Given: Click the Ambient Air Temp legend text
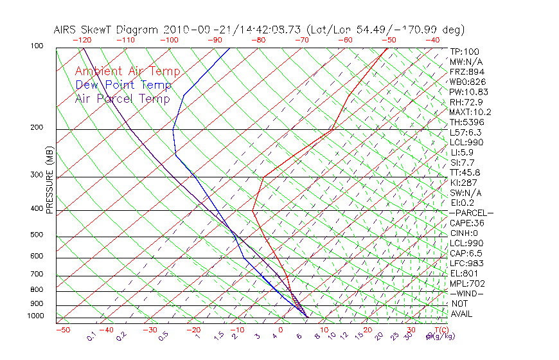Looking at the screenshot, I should click(127, 71).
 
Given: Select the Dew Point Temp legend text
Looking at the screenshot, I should click(123, 85).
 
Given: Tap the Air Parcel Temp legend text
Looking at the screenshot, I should click(122, 98).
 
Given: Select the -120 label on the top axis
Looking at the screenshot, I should click(82, 40).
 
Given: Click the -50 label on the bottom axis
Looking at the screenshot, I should click(62, 330).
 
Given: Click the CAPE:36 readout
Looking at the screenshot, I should click(466, 223).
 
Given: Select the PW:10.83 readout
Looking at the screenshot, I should click(470, 92).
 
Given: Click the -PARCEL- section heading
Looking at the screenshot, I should click(471, 213).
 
